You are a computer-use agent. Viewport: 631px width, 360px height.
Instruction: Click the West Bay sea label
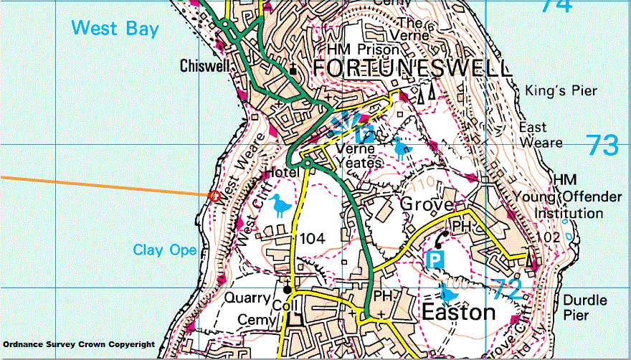click(115, 29)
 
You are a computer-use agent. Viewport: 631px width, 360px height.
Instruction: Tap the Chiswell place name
click(204, 66)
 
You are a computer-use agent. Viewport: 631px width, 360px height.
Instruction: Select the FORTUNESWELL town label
click(412, 69)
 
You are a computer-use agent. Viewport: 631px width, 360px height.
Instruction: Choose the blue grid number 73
click(602, 145)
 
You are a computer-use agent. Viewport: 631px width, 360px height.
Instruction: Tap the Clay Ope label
click(164, 250)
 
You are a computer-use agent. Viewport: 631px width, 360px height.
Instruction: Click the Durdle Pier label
click(585, 308)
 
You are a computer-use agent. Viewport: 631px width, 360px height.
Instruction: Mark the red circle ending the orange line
click(213, 196)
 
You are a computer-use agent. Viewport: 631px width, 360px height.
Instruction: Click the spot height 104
click(313, 238)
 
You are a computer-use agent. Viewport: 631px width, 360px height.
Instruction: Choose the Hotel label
click(280, 173)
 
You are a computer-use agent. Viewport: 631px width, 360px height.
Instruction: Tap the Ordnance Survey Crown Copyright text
click(79, 345)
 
